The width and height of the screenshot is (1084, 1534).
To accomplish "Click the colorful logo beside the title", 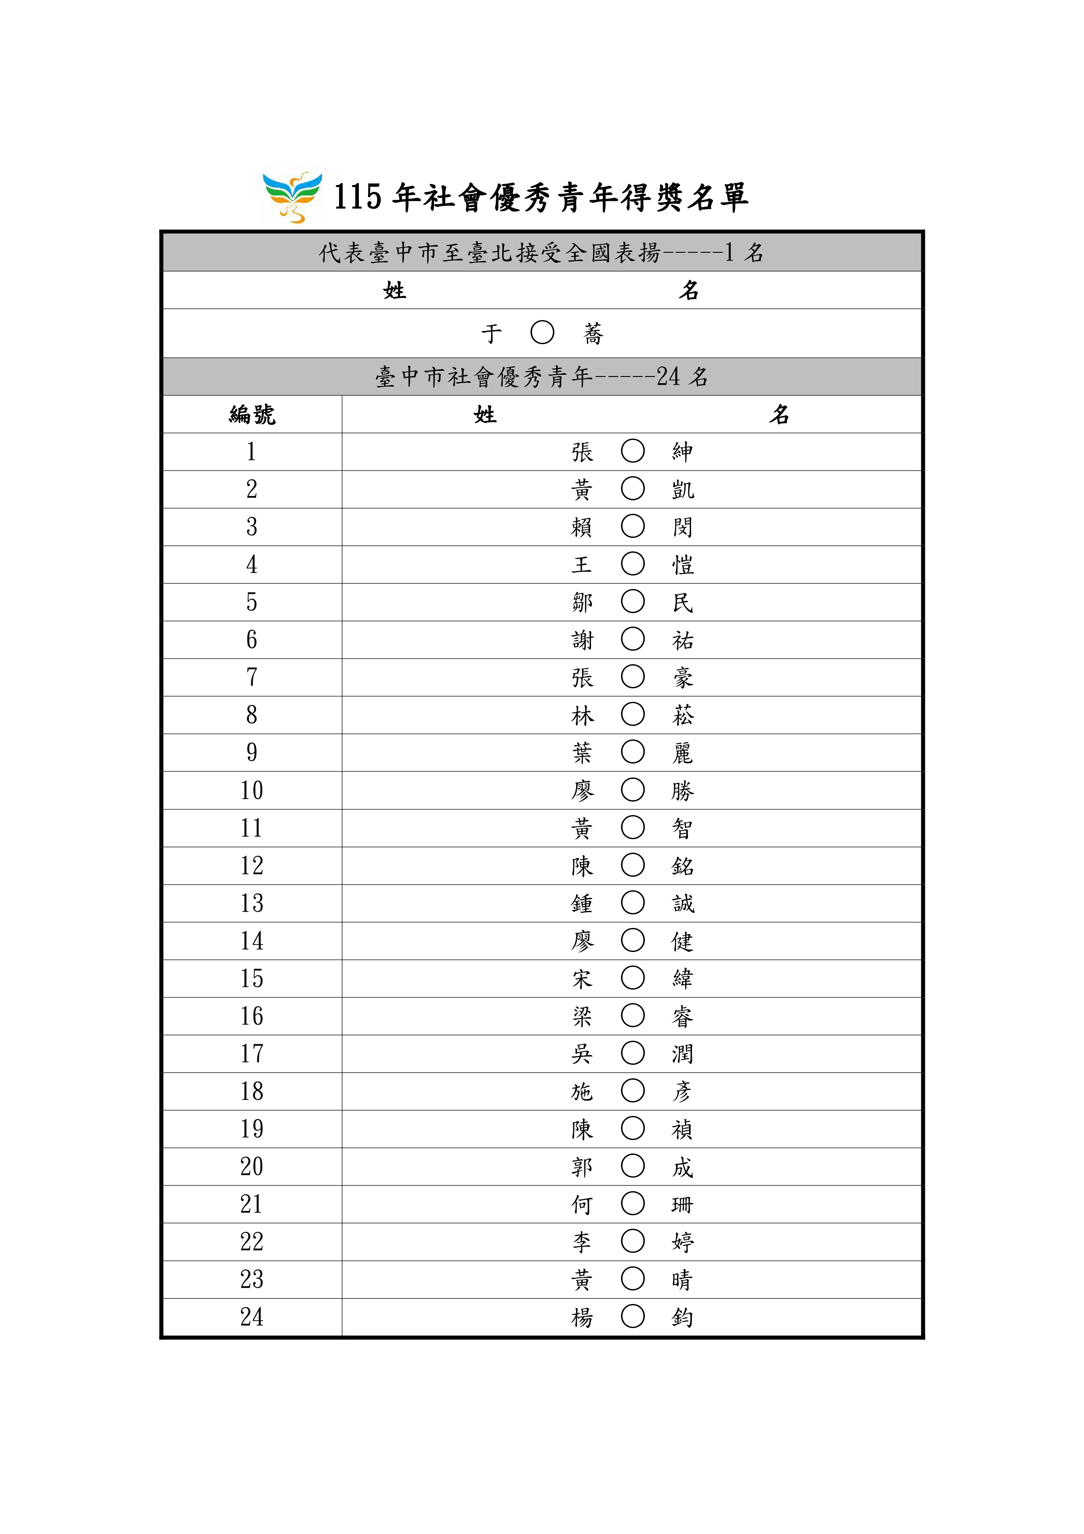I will tap(292, 197).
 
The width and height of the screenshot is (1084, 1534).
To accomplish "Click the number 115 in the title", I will tap(357, 197).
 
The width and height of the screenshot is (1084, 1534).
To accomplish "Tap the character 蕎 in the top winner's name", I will tap(593, 333).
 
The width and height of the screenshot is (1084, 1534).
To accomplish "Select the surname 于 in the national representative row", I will tap(492, 333).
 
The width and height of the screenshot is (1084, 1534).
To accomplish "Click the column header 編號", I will tap(252, 415).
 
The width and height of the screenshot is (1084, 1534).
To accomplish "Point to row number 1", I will tap(251, 452).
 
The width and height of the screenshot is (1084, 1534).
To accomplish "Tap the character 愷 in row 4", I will tap(683, 565).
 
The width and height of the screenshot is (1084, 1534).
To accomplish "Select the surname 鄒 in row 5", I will tap(582, 603).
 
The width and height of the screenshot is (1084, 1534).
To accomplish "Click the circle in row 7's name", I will tap(632, 677).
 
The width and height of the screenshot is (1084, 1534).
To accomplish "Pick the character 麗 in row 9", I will tap(683, 753).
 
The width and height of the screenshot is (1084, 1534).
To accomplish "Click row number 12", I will tap(252, 866).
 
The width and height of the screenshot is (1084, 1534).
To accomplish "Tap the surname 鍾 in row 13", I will tap(582, 903).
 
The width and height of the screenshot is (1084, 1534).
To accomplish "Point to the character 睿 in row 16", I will tap(683, 1016).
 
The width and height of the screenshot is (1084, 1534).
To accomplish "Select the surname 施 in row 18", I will tap(582, 1092).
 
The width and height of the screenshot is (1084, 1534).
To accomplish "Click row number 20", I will tap(252, 1167).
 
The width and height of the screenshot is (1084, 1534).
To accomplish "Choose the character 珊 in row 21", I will tap(683, 1205).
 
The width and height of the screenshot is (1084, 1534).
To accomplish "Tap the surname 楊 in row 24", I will tap(582, 1318).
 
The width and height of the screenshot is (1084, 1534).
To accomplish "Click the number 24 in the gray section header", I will tap(667, 377).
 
